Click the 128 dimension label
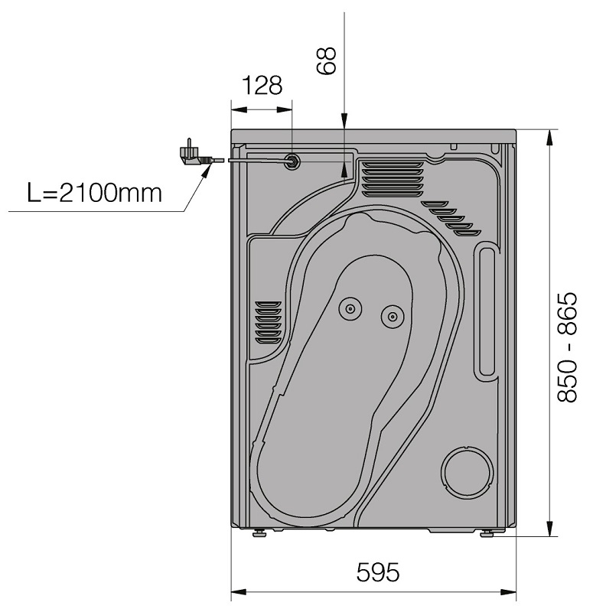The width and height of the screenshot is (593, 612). [x=262, y=85]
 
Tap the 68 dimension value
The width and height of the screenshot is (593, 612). [x=326, y=60]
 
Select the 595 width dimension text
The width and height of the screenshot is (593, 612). [x=378, y=572]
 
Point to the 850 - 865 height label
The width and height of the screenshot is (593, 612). [x=566, y=347]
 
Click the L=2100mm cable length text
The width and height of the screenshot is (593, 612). [x=94, y=193]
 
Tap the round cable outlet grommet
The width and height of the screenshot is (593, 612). [x=292, y=161]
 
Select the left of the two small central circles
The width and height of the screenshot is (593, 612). [x=350, y=309]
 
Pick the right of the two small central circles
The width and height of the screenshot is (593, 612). [x=393, y=316]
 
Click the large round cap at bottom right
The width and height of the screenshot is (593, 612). [x=467, y=472]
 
